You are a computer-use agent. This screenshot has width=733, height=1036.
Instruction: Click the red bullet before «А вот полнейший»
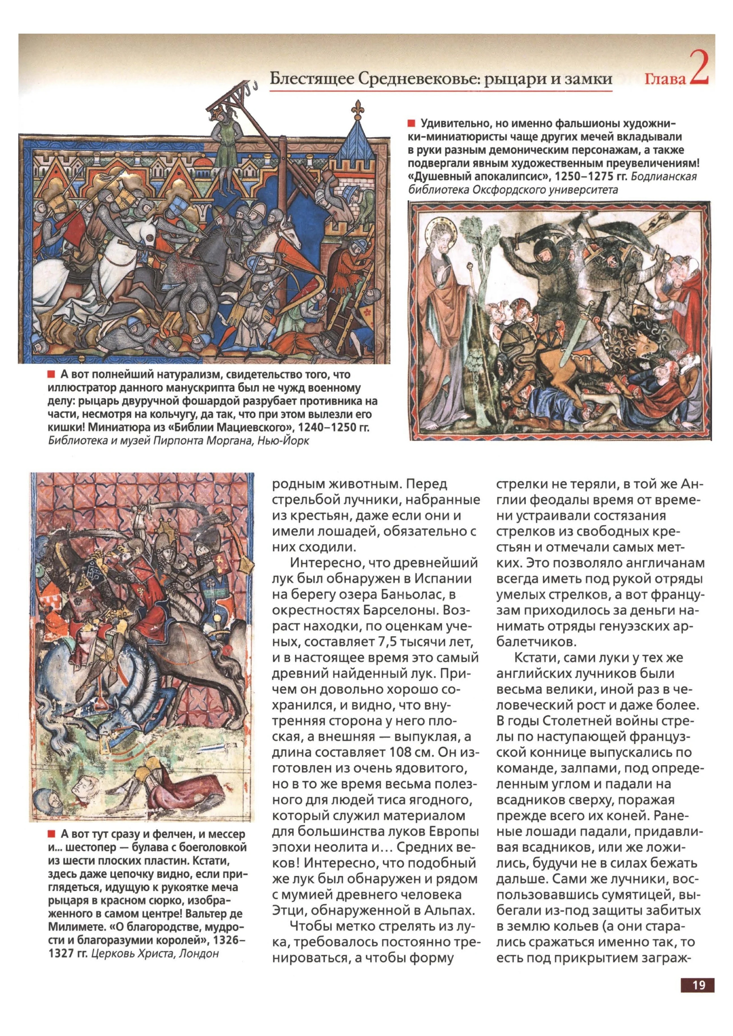(x=51, y=375)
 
